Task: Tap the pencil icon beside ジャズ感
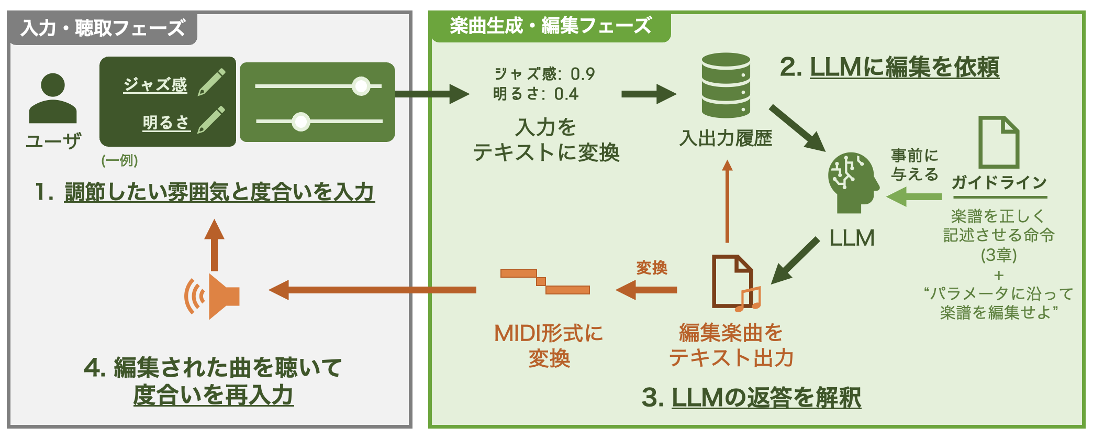point(212,82)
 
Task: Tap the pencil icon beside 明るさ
point(211,120)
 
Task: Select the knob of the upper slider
point(361,86)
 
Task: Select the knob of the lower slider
point(301,122)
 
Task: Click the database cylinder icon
point(726,85)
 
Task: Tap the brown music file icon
point(734,283)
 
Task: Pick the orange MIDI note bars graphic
point(545,281)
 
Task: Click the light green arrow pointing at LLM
point(913,197)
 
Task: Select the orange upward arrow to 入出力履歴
point(727,202)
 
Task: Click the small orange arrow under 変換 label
point(646,290)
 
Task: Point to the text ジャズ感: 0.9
point(544,74)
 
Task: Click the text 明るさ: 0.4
point(536,94)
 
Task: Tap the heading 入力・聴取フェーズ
point(103,28)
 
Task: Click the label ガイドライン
point(999,182)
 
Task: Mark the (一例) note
point(119,160)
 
